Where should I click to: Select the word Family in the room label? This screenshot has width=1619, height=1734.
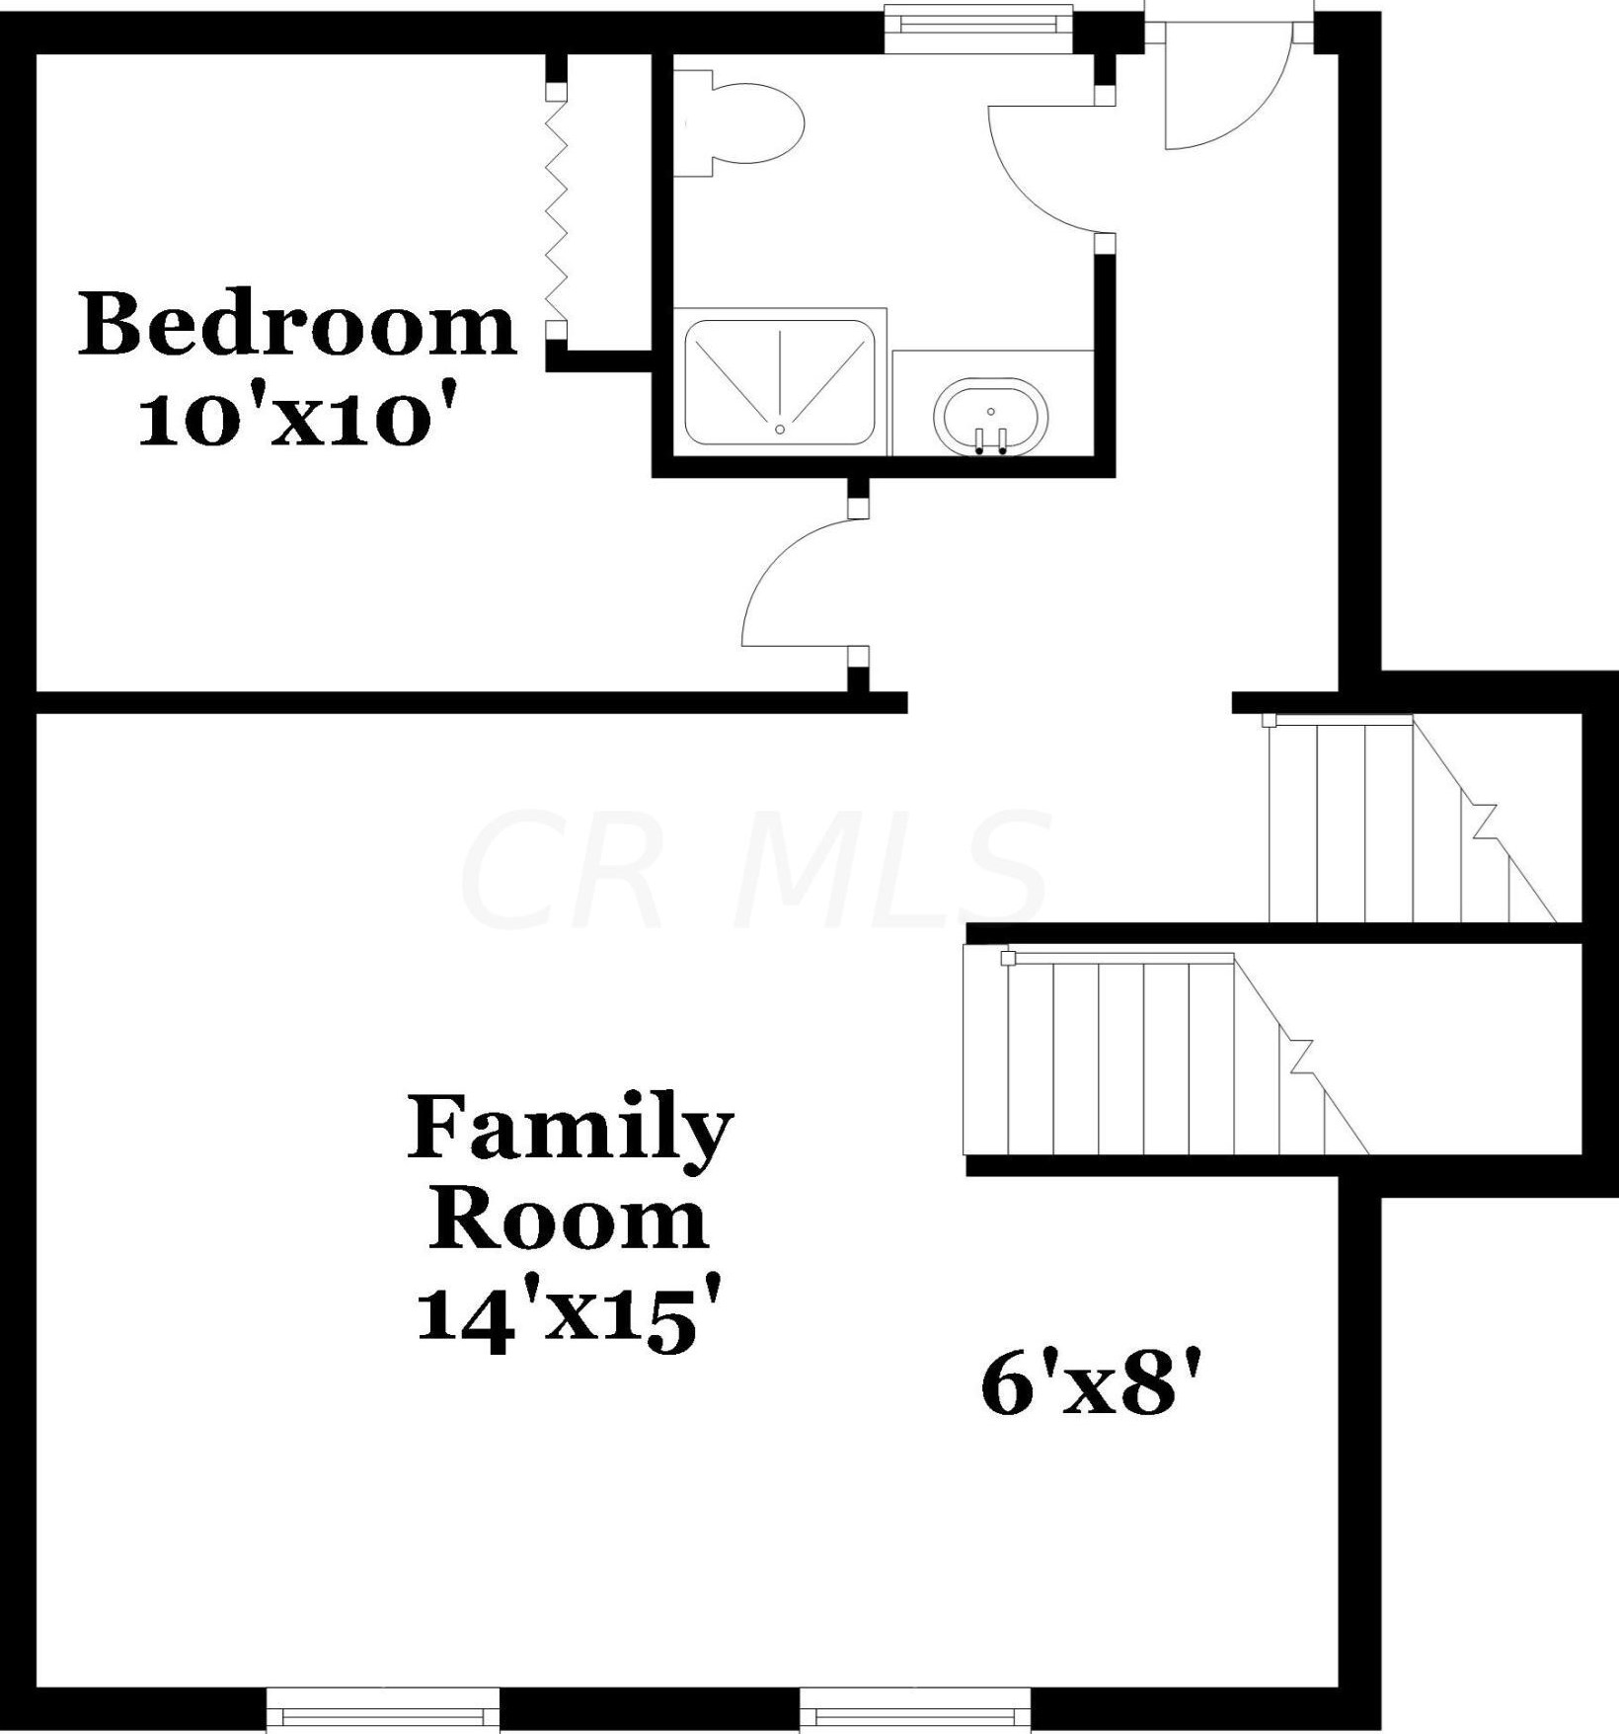click(570, 1128)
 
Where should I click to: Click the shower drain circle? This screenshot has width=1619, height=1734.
click(780, 429)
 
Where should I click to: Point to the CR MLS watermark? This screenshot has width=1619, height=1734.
click(755, 869)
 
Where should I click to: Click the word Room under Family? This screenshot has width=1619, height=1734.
click(570, 1221)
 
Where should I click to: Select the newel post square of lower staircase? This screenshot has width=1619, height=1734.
click(1008, 958)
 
